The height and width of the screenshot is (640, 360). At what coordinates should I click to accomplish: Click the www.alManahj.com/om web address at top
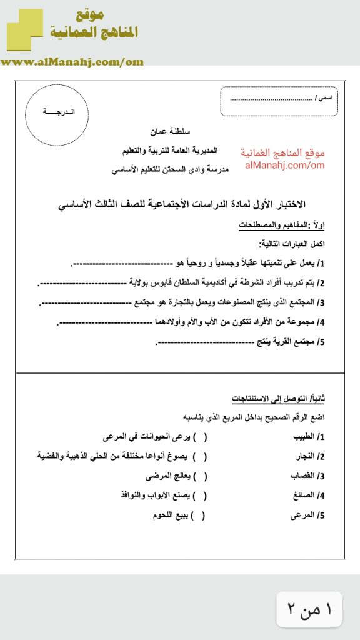coord(72,61)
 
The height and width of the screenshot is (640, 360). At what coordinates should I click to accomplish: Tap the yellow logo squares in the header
coord(25,29)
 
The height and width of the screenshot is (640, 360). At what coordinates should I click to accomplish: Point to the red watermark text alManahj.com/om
coord(282,166)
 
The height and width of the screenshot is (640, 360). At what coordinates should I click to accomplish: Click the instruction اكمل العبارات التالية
coord(292,244)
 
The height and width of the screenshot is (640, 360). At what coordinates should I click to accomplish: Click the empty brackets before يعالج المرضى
coord(199,477)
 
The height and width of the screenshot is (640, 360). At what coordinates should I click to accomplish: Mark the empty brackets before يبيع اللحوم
coord(199,516)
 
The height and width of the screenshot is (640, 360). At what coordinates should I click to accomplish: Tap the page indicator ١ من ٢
coord(309,609)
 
